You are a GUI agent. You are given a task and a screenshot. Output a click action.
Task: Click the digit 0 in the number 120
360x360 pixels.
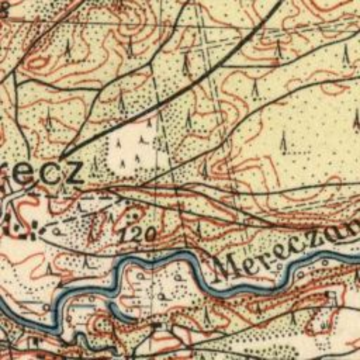150,235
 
